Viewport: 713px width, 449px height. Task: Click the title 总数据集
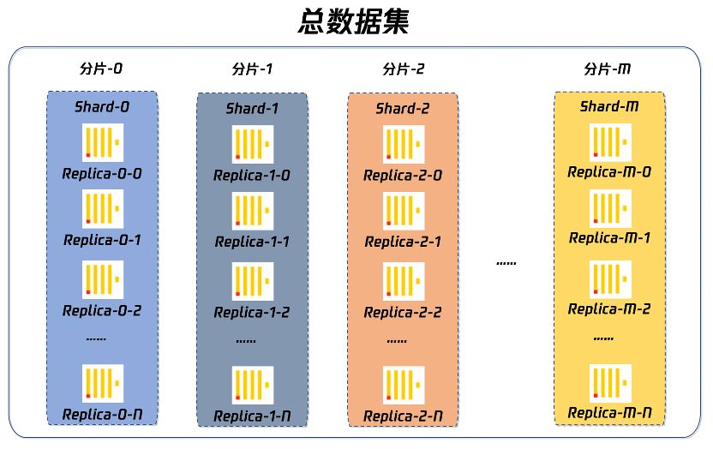354,21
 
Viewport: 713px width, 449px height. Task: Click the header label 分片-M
608,69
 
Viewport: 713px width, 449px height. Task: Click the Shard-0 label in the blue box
102,107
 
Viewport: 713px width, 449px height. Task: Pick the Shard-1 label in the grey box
252,109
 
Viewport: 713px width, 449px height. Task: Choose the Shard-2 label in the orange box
403,109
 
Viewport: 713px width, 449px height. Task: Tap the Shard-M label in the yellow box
608,106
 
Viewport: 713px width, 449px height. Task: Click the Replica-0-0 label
102,173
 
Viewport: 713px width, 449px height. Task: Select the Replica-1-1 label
252,242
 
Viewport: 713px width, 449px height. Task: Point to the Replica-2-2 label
403,312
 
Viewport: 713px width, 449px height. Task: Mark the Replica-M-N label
609,414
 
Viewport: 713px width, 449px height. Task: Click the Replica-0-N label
102,416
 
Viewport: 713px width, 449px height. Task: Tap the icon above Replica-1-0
252,144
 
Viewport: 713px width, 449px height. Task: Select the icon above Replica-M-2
609,278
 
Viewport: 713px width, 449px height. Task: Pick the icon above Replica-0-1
103,208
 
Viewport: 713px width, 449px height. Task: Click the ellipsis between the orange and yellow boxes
506,262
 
